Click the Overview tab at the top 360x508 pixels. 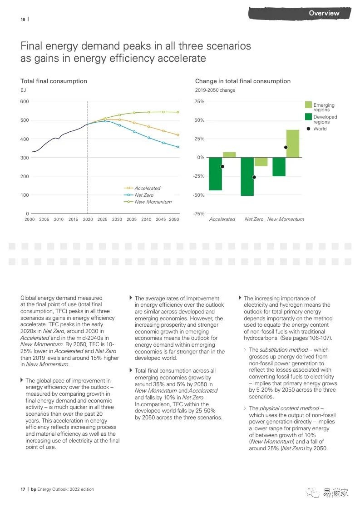[x=324, y=13]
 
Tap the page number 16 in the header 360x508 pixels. [x=23, y=19]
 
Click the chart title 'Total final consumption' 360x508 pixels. [x=54, y=81]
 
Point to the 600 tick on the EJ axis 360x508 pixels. [x=24, y=101]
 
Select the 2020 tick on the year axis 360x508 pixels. [x=88, y=219]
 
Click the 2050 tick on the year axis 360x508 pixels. [x=173, y=219]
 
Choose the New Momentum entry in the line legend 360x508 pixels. [x=153, y=202]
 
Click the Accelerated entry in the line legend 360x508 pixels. [x=147, y=188]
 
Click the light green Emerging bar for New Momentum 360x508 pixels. [x=293, y=144]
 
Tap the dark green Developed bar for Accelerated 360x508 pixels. [x=216, y=174]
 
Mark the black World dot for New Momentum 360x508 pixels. [x=286, y=147]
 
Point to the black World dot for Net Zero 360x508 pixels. [x=254, y=177]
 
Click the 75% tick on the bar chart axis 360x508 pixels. [x=199, y=101]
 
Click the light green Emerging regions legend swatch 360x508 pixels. [x=309, y=105]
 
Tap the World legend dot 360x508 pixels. [x=309, y=129]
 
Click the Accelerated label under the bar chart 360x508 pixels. [x=222, y=219]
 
